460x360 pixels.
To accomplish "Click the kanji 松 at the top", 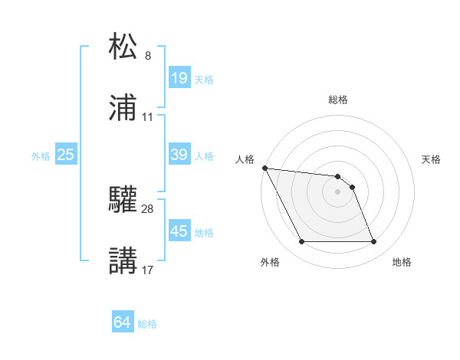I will click(x=124, y=45).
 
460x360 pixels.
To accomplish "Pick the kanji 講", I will click(x=124, y=260).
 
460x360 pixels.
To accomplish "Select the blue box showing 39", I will click(x=179, y=155).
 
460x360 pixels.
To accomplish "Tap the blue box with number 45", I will click(x=179, y=231).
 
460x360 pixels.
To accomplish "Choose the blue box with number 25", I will click(x=66, y=155).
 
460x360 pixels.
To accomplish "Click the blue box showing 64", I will click(x=123, y=322).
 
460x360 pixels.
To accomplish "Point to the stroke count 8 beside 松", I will click(x=148, y=56).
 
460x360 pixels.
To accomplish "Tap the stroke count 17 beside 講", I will click(x=148, y=270).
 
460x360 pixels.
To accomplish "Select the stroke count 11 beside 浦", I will click(x=148, y=117).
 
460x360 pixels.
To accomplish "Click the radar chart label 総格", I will click(x=338, y=100).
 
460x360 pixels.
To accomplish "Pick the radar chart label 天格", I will click(x=431, y=159).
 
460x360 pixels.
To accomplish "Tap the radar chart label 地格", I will click(x=402, y=262).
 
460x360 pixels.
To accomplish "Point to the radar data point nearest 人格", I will click(x=264, y=168).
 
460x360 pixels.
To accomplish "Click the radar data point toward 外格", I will click(x=301, y=242).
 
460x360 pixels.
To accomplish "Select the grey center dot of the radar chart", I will click(x=337, y=191).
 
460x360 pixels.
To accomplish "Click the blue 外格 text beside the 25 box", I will click(x=41, y=155).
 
